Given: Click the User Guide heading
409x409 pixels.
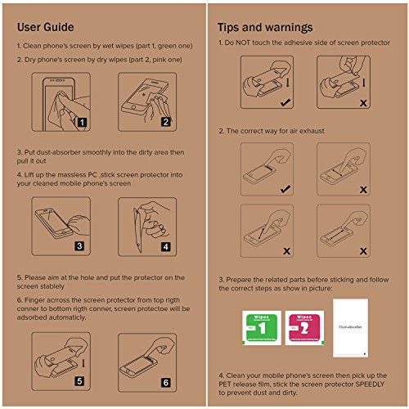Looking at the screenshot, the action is [x=46, y=27].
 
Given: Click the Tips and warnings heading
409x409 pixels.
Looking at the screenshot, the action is [x=265, y=28].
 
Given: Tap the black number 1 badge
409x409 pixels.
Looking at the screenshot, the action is [x=82, y=122].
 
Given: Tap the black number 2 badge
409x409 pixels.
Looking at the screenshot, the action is [x=166, y=122].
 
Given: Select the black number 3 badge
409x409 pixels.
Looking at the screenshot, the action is [x=79, y=246].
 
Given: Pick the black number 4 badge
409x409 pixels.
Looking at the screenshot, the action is [x=166, y=247].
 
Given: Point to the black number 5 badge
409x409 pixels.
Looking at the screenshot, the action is [x=79, y=381].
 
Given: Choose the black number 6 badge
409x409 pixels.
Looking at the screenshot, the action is [x=166, y=383].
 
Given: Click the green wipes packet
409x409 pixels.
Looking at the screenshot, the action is [x=262, y=328].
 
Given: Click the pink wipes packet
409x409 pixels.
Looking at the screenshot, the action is [x=304, y=328].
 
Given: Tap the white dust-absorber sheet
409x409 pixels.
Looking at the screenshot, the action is [x=350, y=328].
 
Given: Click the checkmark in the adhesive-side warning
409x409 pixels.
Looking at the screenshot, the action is [x=285, y=102].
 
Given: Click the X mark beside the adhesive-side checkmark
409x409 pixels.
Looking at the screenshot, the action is [x=363, y=103].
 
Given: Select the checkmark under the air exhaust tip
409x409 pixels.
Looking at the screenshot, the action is [x=285, y=189].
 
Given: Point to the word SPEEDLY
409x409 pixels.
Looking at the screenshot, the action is [x=370, y=384].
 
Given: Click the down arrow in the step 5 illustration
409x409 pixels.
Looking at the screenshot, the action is [x=83, y=363].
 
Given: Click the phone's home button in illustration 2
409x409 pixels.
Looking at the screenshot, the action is [x=133, y=107].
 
